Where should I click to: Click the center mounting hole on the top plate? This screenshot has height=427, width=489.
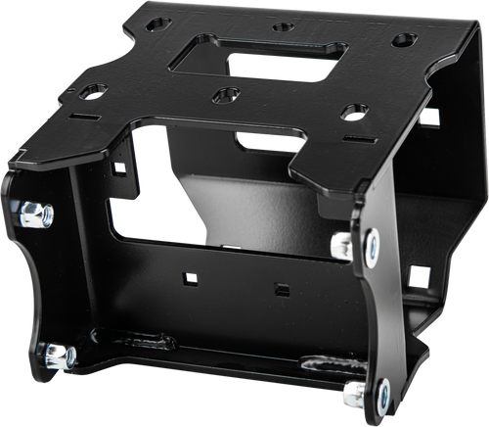point(224,96)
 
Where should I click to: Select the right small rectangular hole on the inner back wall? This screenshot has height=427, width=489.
point(281,290)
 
